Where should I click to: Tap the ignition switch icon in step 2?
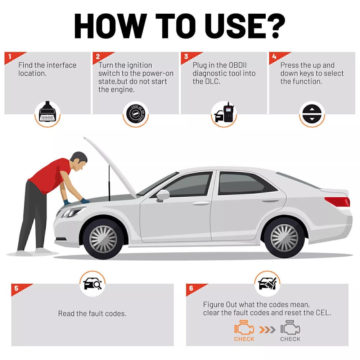click(x=136, y=114)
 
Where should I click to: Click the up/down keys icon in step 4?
click(x=312, y=114)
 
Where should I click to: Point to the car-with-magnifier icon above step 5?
click(x=92, y=284)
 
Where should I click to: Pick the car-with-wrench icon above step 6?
click(x=267, y=284)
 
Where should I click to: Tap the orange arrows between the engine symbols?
click(x=267, y=329)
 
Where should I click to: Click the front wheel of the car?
click(x=103, y=238)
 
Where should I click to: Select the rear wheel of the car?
click(x=284, y=237)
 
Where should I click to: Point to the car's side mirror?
click(x=163, y=195)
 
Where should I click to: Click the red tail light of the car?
click(x=337, y=201)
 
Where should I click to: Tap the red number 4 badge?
click(x=274, y=57)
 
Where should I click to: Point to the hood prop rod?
click(x=109, y=184)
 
